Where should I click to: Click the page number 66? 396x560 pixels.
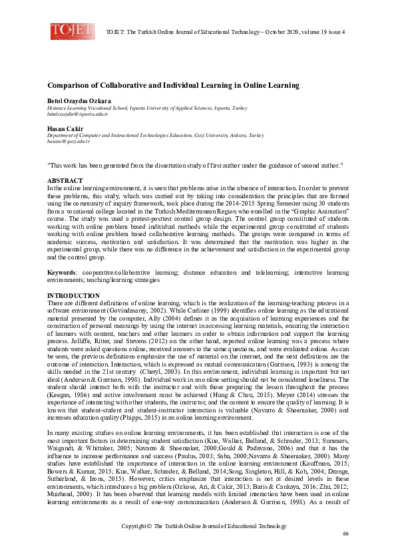click(345, 534)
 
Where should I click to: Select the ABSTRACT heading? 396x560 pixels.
click(65, 181)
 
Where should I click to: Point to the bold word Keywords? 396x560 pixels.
click(61, 273)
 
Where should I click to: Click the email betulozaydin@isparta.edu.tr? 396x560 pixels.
click(77, 114)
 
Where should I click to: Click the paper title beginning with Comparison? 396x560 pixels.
click(173, 86)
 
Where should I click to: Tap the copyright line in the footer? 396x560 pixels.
click(204, 526)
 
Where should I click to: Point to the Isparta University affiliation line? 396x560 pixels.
click(147, 108)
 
